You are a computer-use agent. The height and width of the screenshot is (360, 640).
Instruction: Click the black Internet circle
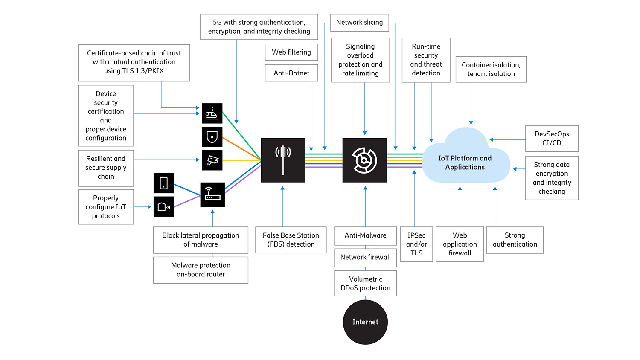coord(365,322)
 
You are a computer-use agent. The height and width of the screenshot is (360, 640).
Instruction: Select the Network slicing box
coord(359,23)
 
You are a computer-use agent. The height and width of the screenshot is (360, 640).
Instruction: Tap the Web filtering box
coord(291,52)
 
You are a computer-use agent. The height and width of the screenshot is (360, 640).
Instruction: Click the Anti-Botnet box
coord(291,73)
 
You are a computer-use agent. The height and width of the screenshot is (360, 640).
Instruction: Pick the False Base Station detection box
coord(291,240)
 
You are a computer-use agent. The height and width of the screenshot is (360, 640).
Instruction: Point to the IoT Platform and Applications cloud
coord(465,162)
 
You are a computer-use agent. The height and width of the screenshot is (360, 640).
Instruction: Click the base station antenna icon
coord(283,160)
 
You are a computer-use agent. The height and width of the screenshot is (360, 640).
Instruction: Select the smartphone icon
coord(163,183)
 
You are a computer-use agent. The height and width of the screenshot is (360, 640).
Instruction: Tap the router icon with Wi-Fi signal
coord(212,195)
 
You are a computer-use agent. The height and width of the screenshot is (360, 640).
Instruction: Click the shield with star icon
coord(212,137)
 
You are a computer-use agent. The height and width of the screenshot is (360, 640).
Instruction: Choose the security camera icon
coord(212,160)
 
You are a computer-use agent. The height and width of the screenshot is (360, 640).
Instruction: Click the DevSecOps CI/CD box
coord(552,139)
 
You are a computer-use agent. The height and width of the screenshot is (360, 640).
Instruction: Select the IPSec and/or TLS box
coord(416,244)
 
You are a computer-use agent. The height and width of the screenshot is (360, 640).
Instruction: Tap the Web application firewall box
coord(460,244)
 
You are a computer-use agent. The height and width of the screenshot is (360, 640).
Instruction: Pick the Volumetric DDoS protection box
coord(365,283)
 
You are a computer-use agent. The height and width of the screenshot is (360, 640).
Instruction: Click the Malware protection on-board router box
coord(201,270)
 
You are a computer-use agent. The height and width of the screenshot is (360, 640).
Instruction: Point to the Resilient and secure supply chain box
coord(106,168)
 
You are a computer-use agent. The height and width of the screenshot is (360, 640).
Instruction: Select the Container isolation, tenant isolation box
coord(491,70)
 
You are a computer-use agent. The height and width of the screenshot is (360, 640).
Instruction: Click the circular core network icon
coord(364,160)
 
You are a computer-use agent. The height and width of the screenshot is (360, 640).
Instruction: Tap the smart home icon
coord(163,207)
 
